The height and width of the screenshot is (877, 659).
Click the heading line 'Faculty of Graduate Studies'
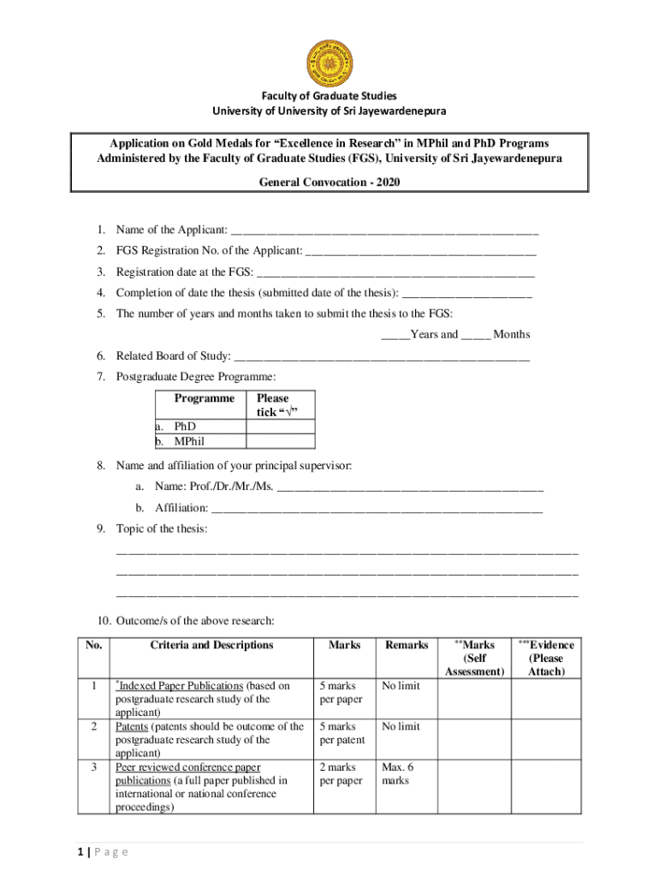pyautogui.click(x=329, y=96)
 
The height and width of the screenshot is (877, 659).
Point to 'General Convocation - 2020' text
pyautogui.click(x=329, y=182)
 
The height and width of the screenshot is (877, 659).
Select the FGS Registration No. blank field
pyautogui.click(x=421, y=252)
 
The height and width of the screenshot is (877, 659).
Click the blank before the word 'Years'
pyautogui.click(x=395, y=335)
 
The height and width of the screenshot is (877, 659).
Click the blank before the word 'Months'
pyautogui.click(x=475, y=335)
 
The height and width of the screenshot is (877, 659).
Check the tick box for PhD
pyautogui.click(x=281, y=427)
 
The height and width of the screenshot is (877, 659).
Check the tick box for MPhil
pyautogui.click(x=281, y=442)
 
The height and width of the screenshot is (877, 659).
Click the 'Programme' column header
pyautogui.click(x=204, y=399)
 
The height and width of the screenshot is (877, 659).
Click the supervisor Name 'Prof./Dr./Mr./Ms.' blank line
pyautogui.click(x=411, y=488)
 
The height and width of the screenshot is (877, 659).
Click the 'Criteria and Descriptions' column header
pyautogui.click(x=211, y=646)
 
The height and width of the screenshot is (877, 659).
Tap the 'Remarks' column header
pyautogui.click(x=407, y=646)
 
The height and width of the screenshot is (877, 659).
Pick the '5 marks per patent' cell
pyautogui.click(x=342, y=733)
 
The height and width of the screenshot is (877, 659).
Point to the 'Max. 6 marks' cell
pyautogui.click(x=396, y=774)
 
